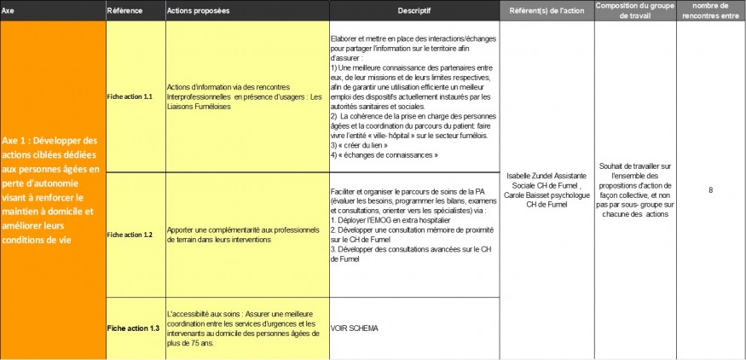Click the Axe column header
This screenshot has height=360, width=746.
coord(9,10)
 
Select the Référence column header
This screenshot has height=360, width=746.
coord(124,10)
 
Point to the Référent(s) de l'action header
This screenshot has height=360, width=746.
coord(546,10)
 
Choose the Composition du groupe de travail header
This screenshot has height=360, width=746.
coord(635,10)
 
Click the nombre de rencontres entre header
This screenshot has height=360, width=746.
coord(711,10)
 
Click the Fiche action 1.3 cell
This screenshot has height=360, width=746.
coord(133,328)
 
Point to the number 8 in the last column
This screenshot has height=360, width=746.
coord(710,189)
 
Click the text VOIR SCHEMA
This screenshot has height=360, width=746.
coord(354,328)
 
